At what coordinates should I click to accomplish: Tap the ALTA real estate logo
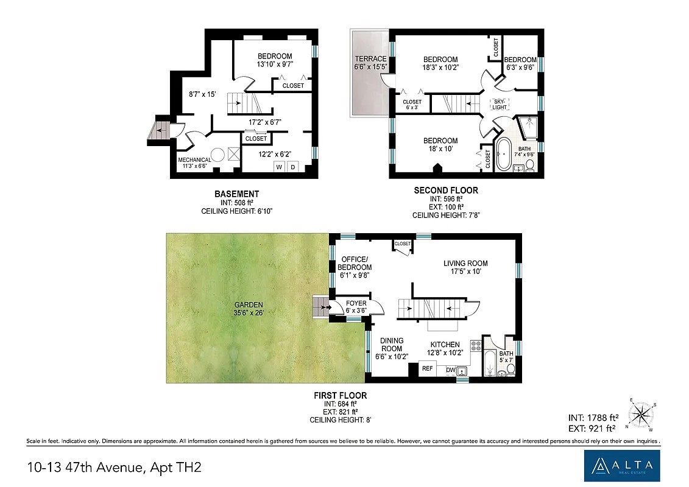pyautogui.click(x=622, y=466)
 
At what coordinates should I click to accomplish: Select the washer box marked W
pyautogui.click(x=279, y=167)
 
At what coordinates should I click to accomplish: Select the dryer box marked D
pyautogui.click(x=292, y=167)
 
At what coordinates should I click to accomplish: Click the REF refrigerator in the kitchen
pyautogui.click(x=428, y=368)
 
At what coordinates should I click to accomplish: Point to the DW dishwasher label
pyautogui.click(x=450, y=370)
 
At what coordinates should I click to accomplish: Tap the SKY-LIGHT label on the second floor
pyautogui.click(x=500, y=105)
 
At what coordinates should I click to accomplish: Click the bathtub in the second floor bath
pyautogui.click(x=504, y=154)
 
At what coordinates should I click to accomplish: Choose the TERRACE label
pyautogui.click(x=370, y=59)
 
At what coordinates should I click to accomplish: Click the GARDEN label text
pyautogui.click(x=249, y=305)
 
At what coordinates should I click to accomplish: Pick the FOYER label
pyautogui.click(x=356, y=303)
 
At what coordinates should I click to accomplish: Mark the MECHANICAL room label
pyautogui.click(x=195, y=160)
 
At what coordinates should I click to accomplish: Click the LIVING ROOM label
pyautogui.click(x=465, y=264)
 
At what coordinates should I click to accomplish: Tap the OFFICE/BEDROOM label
pyautogui.click(x=355, y=263)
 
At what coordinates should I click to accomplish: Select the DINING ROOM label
pyautogui.click(x=392, y=345)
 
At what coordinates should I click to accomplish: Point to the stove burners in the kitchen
pyautogui.click(x=476, y=346)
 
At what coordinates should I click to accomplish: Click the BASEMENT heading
pyautogui.click(x=237, y=194)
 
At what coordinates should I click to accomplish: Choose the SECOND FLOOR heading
pyautogui.click(x=446, y=191)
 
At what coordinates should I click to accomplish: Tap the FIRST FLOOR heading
pyautogui.click(x=340, y=396)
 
